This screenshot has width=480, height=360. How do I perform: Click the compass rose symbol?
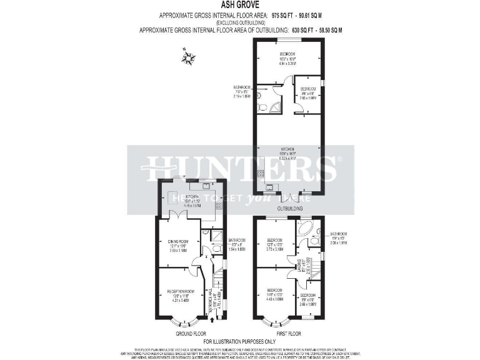(187, 59)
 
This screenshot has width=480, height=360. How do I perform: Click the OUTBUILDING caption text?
(289, 208)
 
